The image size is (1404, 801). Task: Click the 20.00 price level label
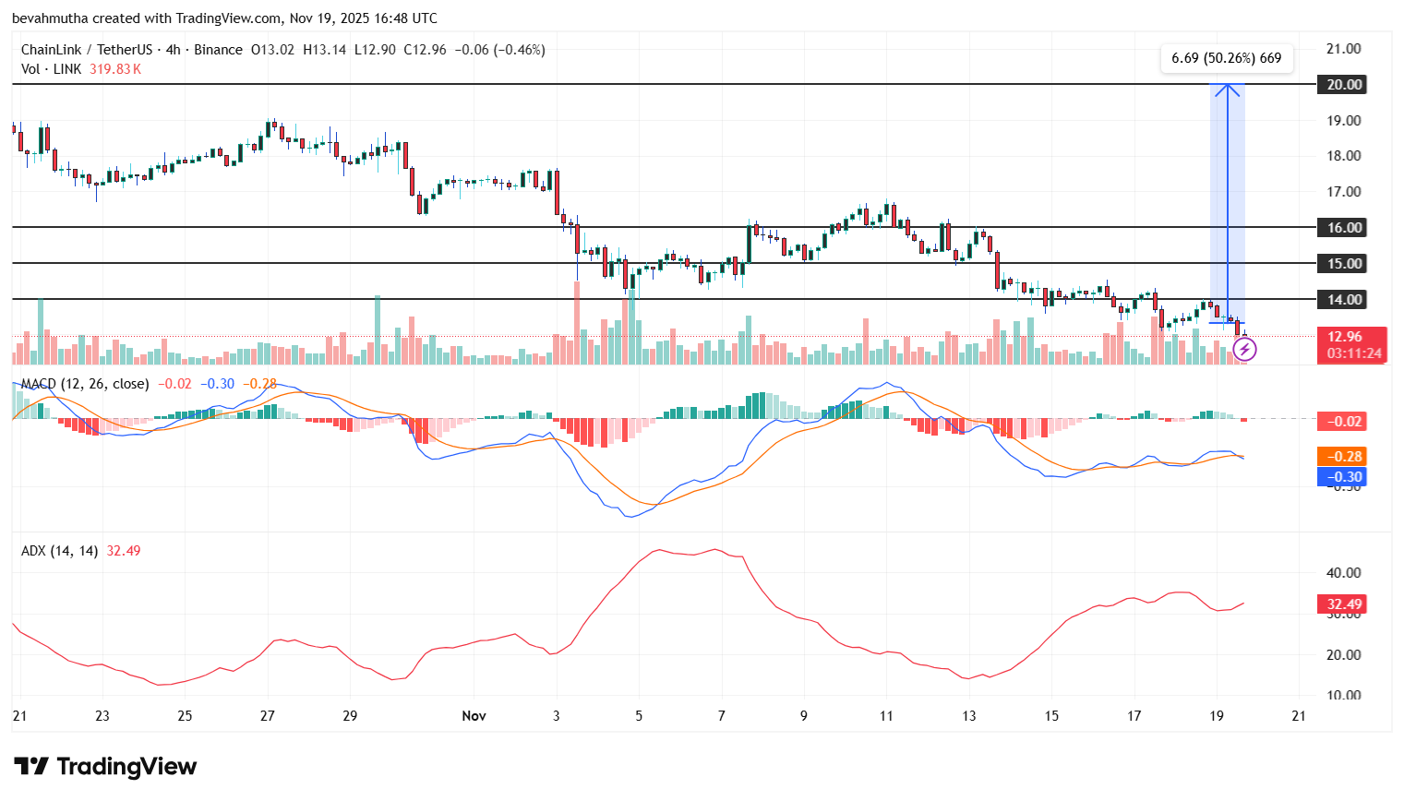click(1344, 85)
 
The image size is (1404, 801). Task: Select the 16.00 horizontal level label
click(1344, 228)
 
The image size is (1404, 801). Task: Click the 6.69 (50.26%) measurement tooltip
click(1226, 58)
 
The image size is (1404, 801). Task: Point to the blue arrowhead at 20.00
click(1227, 90)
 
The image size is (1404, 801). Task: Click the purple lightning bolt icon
click(1244, 349)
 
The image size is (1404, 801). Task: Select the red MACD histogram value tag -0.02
click(1343, 422)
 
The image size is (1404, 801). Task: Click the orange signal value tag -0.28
click(1343, 457)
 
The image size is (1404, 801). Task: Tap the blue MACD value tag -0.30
click(1343, 477)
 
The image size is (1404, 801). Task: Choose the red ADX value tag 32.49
click(1343, 604)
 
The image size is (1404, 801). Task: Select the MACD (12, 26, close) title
click(85, 384)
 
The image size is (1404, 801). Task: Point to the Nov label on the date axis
click(474, 716)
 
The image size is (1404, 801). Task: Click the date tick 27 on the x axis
click(267, 716)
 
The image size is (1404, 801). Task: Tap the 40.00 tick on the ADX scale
click(1343, 573)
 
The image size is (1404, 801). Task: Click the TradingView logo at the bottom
click(105, 767)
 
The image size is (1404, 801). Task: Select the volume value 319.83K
click(115, 69)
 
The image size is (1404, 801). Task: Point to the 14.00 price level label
click(1344, 300)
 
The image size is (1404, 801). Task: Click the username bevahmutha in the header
click(50, 18)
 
